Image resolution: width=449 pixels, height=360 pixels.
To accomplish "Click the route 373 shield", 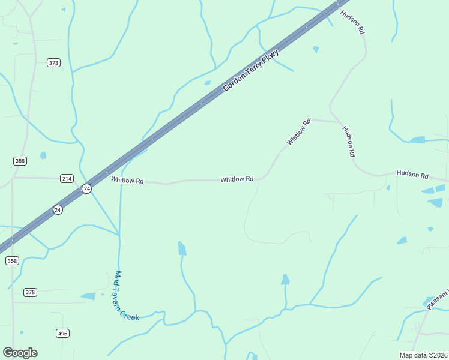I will point(54,62).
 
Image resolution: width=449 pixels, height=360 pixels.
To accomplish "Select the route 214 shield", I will point(67,178).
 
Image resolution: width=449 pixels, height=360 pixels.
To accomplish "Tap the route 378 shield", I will point(31,292).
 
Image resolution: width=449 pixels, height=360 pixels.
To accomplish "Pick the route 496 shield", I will point(62,333).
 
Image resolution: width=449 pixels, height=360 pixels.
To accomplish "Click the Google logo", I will point(20,353).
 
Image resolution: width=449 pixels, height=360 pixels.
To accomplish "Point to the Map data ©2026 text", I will point(423,355).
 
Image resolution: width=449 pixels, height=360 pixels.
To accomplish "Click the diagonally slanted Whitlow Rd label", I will point(298,132).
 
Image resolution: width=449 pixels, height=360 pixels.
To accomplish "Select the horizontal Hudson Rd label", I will point(412,176).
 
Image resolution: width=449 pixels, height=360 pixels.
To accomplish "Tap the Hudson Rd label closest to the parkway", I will point(352,21).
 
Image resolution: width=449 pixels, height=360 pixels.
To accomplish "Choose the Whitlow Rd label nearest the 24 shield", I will point(127,180).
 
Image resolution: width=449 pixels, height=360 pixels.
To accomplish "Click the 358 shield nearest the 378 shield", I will point(12,260).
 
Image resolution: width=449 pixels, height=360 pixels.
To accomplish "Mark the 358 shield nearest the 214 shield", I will point(20,161).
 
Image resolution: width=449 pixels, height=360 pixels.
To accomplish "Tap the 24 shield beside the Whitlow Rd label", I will point(87,188).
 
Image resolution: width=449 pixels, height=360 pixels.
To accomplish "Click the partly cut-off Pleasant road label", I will point(438,299).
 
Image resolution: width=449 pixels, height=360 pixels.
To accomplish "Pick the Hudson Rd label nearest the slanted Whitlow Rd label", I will point(349,142).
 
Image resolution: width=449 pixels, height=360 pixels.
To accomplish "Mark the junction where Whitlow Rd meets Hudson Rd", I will point(329,120).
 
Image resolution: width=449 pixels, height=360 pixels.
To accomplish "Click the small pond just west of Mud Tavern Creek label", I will point(88,296).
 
